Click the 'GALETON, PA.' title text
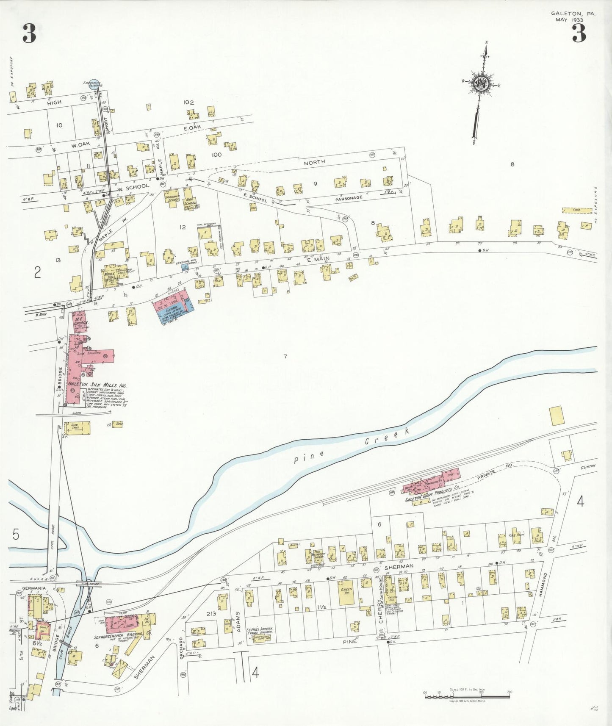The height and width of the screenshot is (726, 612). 573,14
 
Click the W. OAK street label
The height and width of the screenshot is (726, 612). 80,145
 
